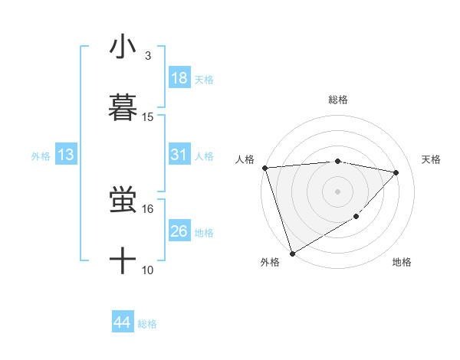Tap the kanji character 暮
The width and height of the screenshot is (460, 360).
point(123,107)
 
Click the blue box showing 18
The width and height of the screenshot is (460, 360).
point(179,78)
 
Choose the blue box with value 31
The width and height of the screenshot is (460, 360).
point(179,155)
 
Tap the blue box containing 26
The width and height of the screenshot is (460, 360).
point(179,231)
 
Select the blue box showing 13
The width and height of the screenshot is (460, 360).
point(65,155)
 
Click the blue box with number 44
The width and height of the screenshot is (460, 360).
point(122,322)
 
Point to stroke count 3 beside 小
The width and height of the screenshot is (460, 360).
point(148,55)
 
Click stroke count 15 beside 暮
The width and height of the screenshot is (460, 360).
point(148,117)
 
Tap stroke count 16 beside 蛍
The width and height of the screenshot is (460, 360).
point(148,208)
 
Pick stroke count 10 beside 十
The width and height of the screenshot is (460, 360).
point(148,270)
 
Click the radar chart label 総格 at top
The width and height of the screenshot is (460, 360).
point(338,100)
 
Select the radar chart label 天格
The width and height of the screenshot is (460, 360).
point(432,159)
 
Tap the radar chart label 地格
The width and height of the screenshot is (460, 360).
point(402,262)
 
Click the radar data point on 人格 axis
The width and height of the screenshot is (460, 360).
point(264,168)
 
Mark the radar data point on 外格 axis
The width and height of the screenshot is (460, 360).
point(292,253)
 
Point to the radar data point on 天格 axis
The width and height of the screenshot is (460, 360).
point(396,172)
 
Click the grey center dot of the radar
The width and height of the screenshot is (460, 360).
point(338,191)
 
